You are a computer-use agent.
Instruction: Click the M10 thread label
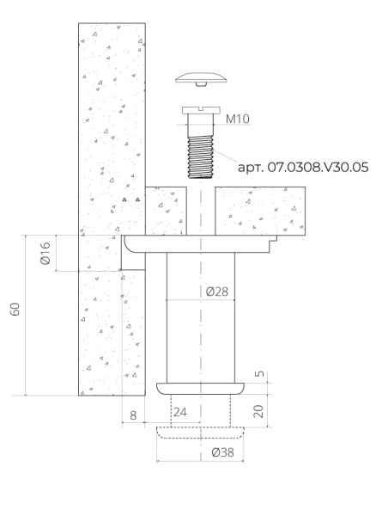tap(237, 120)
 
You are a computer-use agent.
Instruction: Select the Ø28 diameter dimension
tap(218, 292)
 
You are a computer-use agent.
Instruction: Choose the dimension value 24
tap(180, 412)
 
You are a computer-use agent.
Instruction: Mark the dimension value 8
tap(132, 415)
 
